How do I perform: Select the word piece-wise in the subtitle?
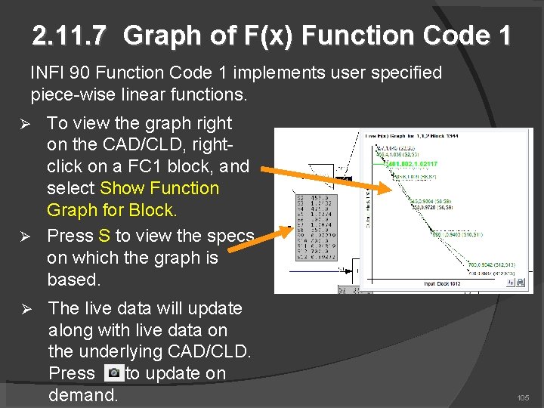69,95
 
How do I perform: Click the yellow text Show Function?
159,188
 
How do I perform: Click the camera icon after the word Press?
113,373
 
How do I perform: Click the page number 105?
523,397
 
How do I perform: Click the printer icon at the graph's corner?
520,282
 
